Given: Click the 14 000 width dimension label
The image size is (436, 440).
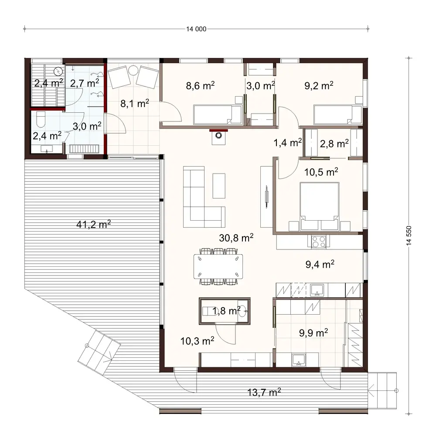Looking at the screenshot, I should [196, 30].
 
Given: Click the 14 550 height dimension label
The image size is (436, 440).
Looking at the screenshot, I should [409, 237].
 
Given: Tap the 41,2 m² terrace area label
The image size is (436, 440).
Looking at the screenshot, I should [93, 225].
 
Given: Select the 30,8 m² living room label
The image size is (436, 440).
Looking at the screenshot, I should [236, 238].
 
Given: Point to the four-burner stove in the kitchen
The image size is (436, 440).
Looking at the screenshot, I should [318, 242].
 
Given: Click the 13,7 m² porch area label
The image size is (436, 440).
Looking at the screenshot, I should [262, 393].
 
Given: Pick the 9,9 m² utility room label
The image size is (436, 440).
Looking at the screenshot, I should [313, 333].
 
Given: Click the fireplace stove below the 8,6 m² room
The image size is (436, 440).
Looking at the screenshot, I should [218, 137].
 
